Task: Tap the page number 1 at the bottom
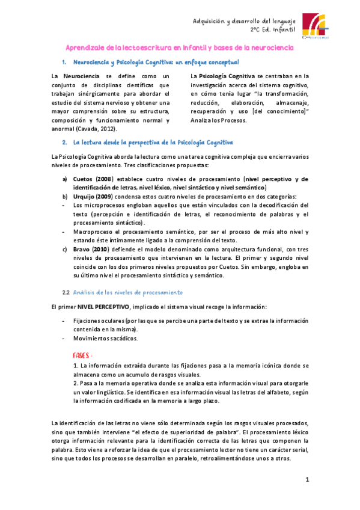point(307,479)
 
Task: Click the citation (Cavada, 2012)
point(97,128)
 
